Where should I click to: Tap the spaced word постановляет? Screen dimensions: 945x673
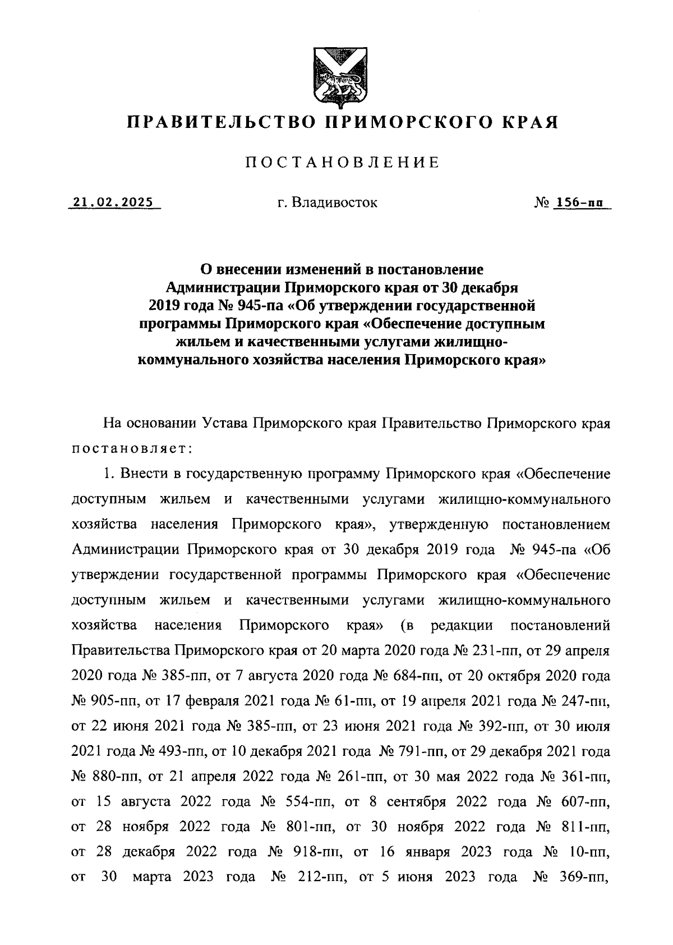(x=132, y=449)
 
